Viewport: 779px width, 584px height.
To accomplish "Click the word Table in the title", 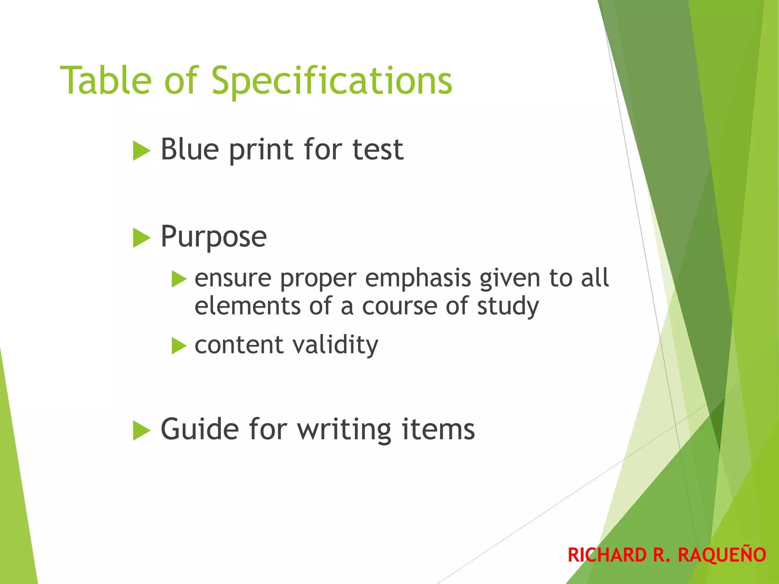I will (x=106, y=81).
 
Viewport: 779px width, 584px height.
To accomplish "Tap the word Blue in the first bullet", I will (x=190, y=149).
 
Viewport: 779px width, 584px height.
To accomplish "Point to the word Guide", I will (x=200, y=429).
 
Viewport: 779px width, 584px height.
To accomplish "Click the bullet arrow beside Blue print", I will (x=141, y=151).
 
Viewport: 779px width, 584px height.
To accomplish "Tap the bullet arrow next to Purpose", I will (x=141, y=238).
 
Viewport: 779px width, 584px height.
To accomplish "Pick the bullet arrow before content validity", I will (x=179, y=346).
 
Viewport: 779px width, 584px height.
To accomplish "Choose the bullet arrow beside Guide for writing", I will (x=141, y=431).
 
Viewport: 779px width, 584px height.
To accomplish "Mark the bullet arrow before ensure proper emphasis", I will (x=179, y=279).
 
